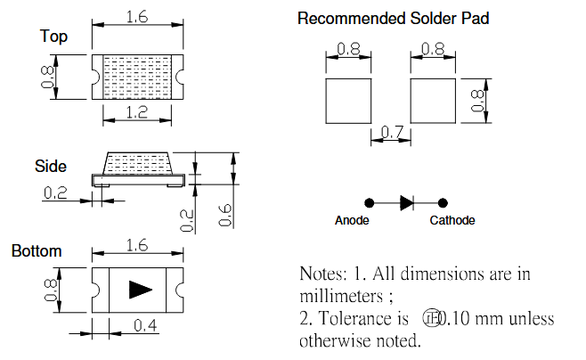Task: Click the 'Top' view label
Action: (53, 37)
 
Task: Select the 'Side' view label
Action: (51, 167)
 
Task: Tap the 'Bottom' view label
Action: (37, 251)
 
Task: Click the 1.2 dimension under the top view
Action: (137, 111)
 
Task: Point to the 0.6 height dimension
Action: (226, 213)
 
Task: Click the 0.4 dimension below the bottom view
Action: (146, 326)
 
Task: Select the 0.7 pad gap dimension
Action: (391, 133)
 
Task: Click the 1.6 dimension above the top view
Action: (137, 16)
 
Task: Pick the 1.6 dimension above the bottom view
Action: (137, 246)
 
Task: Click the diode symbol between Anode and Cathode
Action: (406, 202)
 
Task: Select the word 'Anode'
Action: (352, 221)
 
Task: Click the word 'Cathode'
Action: (452, 221)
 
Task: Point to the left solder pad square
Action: (349, 100)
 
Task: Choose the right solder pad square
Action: (432, 100)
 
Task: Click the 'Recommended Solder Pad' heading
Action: (393, 19)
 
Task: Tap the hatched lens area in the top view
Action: (137, 77)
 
